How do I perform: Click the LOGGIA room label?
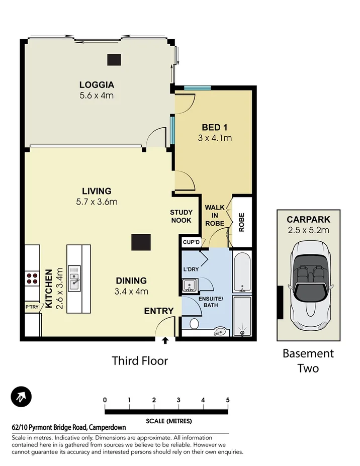coord(96,84)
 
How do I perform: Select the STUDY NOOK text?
coord(181,216)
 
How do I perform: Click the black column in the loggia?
coord(114,59)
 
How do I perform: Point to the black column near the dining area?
coord(140,242)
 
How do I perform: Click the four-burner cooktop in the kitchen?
coord(33,278)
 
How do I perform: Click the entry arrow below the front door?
coord(165,341)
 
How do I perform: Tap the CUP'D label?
coord(192,242)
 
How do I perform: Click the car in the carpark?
coord(308,285)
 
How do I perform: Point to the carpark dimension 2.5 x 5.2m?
coord(308,230)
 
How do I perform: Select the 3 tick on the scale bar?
coord(178,400)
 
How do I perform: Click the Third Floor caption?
coord(140,360)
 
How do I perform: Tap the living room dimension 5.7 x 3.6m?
coord(97,202)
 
